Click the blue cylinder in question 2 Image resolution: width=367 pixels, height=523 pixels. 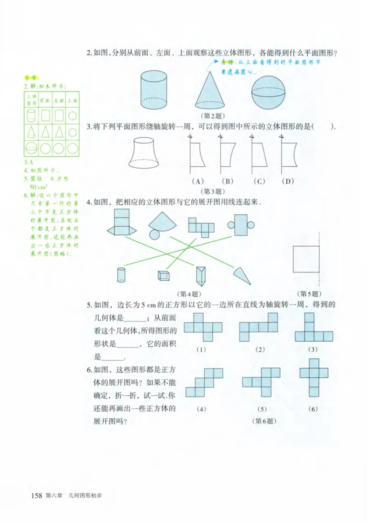pyautogui.click(x=156, y=90)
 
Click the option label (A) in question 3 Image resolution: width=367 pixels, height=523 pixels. pyautogui.click(x=198, y=181)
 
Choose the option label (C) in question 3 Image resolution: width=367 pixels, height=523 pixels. pyautogui.click(x=259, y=181)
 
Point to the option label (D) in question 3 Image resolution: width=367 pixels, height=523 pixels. pyautogui.click(x=288, y=181)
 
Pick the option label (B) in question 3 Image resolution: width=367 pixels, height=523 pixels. pyautogui.click(x=227, y=181)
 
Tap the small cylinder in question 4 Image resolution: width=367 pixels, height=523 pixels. pyautogui.click(x=122, y=275)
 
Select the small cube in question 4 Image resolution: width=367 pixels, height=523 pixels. pyautogui.click(x=163, y=276)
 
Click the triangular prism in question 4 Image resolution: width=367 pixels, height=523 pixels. pyautogui.click(x=200, y=276)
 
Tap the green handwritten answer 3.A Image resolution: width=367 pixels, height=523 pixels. pyautogui.click(x=28, y=162)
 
